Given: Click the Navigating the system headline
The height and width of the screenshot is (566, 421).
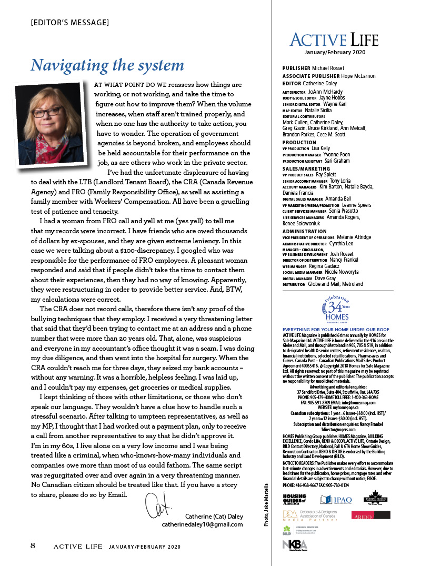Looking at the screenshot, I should pyautogui.click(x=107, y=65).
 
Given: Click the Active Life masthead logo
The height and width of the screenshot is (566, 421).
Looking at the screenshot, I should pyautogui.click(x=334, y=39).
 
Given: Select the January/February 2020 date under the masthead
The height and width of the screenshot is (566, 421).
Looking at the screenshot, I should pyautogui.click(x=334, y=52).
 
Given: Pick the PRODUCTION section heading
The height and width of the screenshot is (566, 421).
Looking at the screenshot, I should pyautogui.click(x=299, y=142).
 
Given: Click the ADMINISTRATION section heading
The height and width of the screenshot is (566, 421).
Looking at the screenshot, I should pyautogui.click(x=305, y=231).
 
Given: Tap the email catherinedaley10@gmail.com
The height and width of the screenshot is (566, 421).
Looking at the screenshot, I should pyautogui.click(x=202, y=524).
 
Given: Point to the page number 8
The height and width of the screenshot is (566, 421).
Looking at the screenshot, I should pyautogui.click(x=33, y=545).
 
